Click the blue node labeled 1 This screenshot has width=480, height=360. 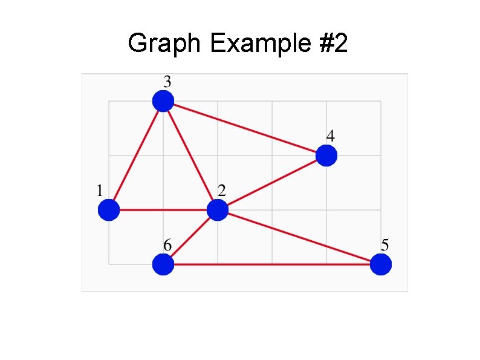tap(109, 210)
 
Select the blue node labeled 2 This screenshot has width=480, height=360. tap(217, 210)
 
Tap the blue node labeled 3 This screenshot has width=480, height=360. tap(163, 101)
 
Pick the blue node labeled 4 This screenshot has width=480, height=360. tap(326, 155)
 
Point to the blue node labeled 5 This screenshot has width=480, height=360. tap(380, 264)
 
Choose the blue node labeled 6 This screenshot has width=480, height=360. tap(163, 264)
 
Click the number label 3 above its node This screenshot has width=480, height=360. tap(167, 81)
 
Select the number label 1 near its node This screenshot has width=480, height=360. tap(100, 191)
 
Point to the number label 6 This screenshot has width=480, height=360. tap(167, 245)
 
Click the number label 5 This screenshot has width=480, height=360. tap(385, 245)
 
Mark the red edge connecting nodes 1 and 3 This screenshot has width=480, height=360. tap(136, 155)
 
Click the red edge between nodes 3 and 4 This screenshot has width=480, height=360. tap(244, 128)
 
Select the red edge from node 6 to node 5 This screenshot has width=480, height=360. tap(271, 264)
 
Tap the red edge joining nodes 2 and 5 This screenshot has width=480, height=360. tap(299, 237)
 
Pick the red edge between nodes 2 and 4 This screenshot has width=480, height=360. tap(271, 183)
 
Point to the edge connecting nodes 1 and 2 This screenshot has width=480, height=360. tap(163, 210)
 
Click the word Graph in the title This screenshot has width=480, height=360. tap(163, 44)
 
